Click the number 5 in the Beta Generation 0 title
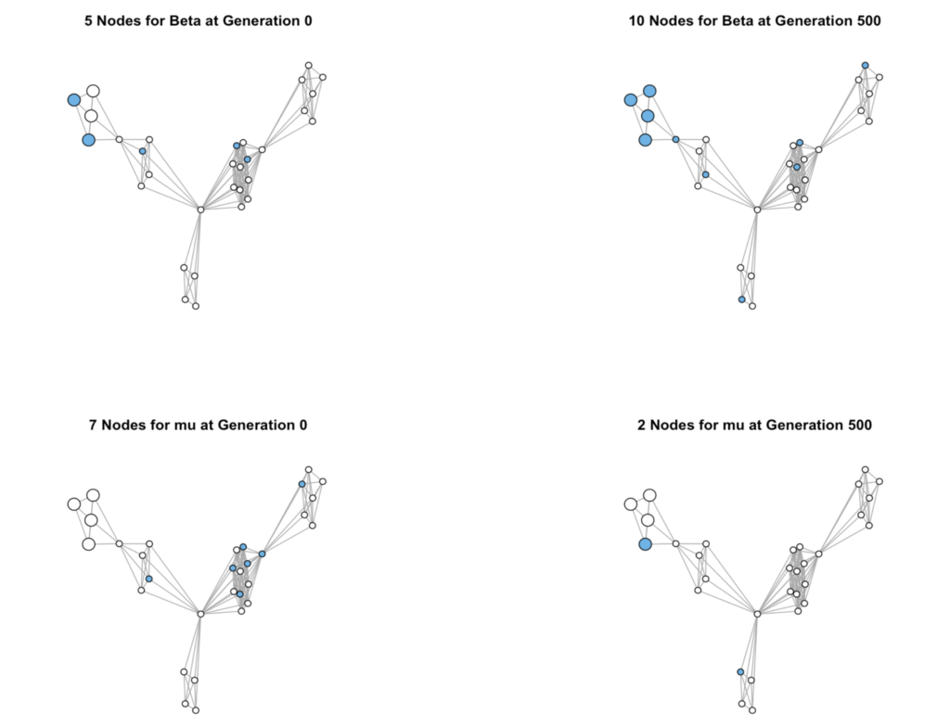[x=88, y=21]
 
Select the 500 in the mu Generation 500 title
[x=859, y=425]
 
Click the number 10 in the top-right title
[x=636, y=21]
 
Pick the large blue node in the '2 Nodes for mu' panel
[x=646, y=544]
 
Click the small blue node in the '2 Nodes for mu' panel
[x=740, y=672]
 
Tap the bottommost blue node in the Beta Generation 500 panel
[x=741, y=299]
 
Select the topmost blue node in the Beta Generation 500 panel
[x=866, y=66]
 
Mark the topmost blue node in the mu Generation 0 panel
[x=302, y=484]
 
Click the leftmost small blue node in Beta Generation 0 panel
[x=142, y=151]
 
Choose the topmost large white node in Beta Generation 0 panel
[x=93, y=92]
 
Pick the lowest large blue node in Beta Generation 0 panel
[x=88, y=140]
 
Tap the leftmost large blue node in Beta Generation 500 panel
[x=630, y=100]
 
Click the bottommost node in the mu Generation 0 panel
[x=196, y=710]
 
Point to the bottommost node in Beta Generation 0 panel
[x=196, y=306]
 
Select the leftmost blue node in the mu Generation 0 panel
[x=149, y=580]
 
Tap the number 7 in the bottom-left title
[x=94, y=425]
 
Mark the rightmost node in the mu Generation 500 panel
[x=879, y=482]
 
